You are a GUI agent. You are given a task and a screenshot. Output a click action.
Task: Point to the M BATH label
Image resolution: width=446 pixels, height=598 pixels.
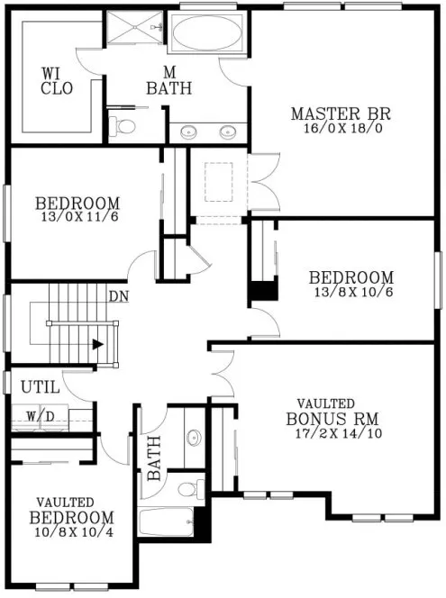168,81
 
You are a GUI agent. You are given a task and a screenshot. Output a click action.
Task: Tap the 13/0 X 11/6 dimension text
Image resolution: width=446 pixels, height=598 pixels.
79,217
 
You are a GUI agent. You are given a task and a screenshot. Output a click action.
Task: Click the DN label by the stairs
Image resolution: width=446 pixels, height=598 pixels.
118,295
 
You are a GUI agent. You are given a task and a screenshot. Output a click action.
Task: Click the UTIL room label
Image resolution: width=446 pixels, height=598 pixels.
40,387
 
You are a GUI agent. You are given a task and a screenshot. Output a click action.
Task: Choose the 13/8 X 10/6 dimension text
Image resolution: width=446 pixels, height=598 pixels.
350,292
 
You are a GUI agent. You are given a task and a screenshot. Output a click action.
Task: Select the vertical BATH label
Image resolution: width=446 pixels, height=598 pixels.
153,458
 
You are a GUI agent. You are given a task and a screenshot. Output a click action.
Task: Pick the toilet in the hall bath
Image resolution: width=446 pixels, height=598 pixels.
187,489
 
